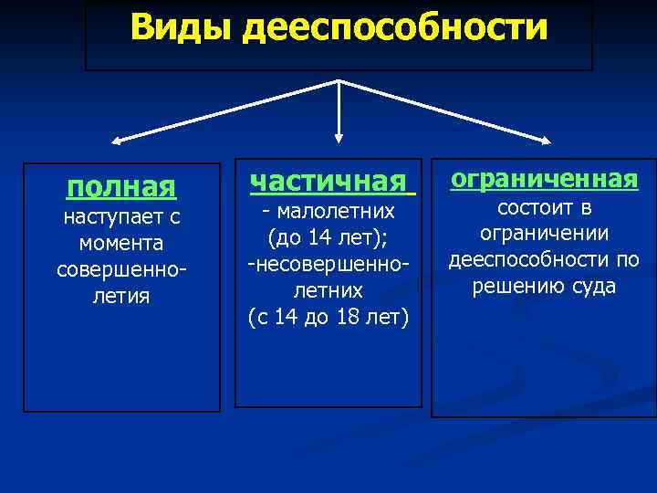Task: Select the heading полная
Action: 120,187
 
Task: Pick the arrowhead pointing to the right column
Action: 545,141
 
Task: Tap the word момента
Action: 120,245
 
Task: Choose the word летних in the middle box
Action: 328,290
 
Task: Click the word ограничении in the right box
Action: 545,234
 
